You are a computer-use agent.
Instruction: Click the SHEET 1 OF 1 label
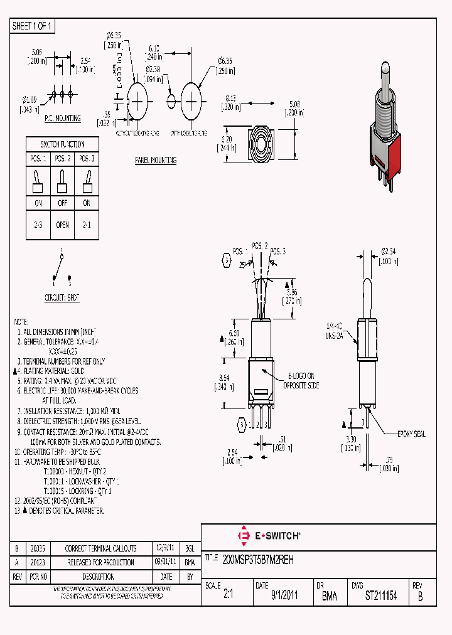[x=33, y=26]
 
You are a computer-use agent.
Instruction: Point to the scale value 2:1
[x=228, y=595]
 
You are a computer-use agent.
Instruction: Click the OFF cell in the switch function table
[x=62, y=203]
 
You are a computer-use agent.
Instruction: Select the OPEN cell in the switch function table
[x=62, y=224]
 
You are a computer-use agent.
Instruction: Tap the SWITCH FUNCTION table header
[x=62, y=144]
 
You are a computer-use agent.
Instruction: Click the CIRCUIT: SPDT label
[x=62, y=297]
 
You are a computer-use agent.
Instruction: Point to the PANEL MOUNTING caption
[x=156, y=160]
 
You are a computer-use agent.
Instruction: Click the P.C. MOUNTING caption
[x=62, y=118]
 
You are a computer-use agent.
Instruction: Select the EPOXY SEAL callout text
[x=411, y=434]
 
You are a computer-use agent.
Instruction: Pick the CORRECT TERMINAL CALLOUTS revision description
[x=100, y=548]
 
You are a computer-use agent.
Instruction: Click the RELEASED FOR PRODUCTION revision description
[x=100, y=562]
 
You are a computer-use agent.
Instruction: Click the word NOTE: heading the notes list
[x=22, y=321]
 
